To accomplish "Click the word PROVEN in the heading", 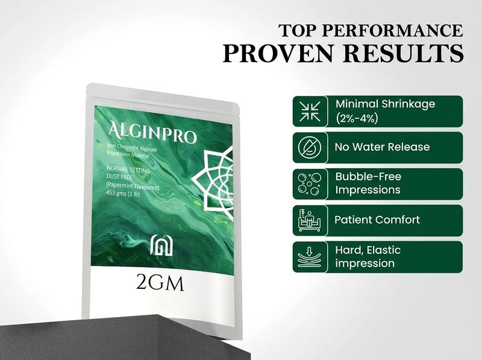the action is point(278,54).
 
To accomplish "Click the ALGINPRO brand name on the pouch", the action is point(152,133).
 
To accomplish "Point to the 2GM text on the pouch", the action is point(160,283).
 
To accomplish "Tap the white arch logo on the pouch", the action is point(161,245).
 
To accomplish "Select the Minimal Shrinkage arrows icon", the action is point(310,111).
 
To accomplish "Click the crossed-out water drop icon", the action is point(310,147).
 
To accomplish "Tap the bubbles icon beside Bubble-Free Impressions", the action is point(310,184).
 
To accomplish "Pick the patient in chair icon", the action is point(310,220).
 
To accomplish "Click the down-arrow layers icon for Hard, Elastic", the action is point(310,257).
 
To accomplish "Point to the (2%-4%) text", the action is point(357,118).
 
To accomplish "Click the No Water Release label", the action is point(382,147).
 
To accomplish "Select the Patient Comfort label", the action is point(377,219).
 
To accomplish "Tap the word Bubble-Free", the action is point(368,177).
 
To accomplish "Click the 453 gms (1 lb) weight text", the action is point(123,194).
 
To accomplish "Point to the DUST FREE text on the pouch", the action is point(119,177).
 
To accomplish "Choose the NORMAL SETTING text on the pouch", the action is point(128,169).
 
